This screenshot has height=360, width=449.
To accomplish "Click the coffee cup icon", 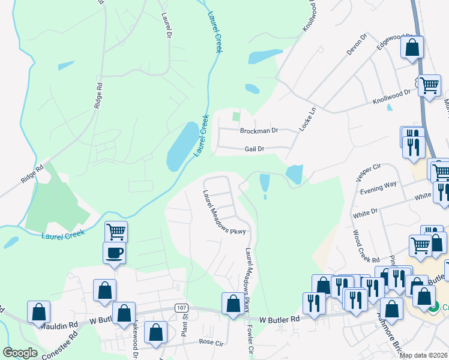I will [114, 253].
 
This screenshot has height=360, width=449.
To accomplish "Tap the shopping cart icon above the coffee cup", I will [116, 232].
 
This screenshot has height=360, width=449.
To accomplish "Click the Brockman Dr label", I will [259, 130].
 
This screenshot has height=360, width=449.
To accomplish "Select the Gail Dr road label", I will [259, 149].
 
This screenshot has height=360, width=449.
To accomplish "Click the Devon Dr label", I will [357, 46].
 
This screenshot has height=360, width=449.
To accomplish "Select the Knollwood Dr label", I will [391, 93].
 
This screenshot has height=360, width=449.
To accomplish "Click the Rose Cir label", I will [210, 342].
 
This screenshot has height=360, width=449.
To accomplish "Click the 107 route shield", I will [182, 307].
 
